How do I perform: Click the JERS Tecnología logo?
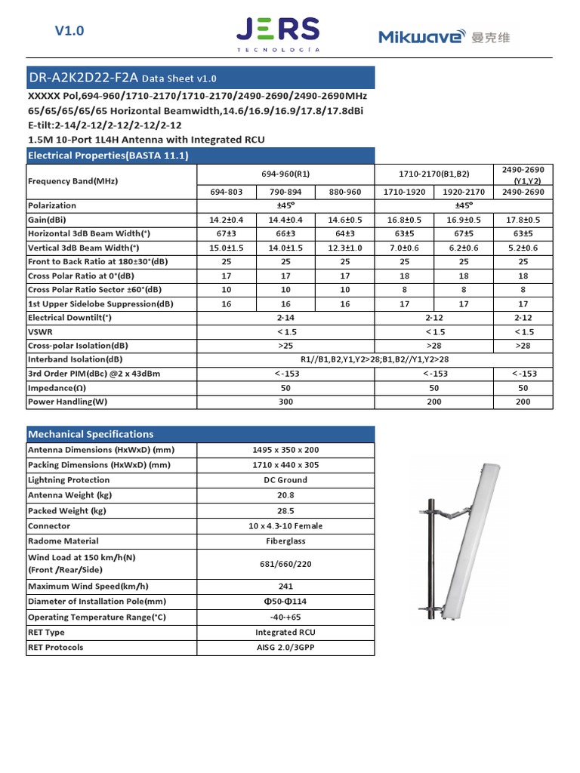[277, 35]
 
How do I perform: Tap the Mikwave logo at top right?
[444, 36]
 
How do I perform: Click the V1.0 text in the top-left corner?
[69, 31]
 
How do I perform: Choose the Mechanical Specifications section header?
[90, 434]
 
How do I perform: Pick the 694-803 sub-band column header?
[226, 192]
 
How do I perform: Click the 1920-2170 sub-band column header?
[464, 192]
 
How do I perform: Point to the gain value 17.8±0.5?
[523, 220]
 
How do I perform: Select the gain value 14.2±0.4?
[226, 220]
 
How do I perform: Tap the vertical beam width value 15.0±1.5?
[226, 248]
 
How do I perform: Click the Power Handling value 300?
[285, 402]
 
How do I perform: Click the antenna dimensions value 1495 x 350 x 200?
[285, 450]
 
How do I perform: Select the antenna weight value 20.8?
[285, 495]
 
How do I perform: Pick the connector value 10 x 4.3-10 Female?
[285, 526]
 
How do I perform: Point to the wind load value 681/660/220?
[285, 564]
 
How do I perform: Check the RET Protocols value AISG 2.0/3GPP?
[285, 648]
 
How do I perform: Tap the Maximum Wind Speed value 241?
[285, 587]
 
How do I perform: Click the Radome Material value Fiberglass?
[285, 541]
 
